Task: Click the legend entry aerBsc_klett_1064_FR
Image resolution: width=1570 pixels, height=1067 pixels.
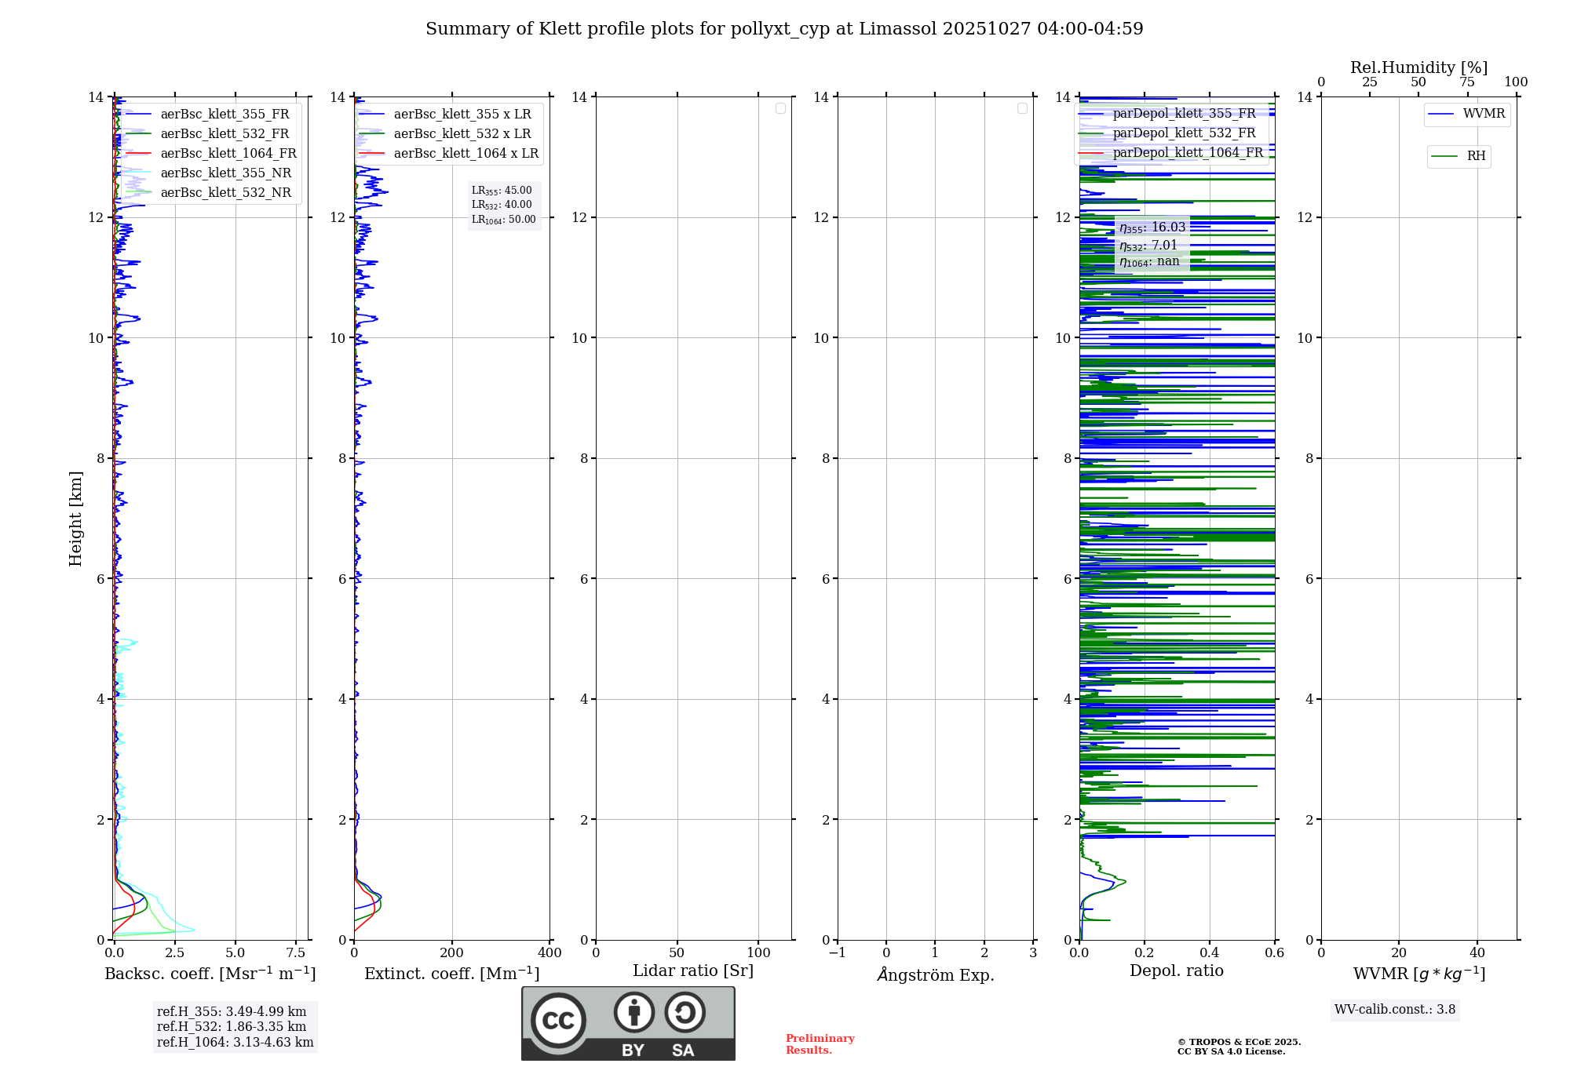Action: [x=228, y=154]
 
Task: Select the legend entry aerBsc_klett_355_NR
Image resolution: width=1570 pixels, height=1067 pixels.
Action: [x=225, y=173]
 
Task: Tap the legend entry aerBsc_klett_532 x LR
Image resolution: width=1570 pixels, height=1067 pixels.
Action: [x=462, y=134]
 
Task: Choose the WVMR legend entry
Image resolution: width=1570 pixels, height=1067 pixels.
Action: [x=1483, y=114]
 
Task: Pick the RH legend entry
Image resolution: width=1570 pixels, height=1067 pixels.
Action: [x=1475, y=156]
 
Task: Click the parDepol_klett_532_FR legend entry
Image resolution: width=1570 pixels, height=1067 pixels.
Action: [x=1184, y=133]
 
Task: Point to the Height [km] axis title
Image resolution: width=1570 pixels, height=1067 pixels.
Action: [x=75, y=519]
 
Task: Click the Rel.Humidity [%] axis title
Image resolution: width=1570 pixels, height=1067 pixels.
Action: [x=1418, y=67]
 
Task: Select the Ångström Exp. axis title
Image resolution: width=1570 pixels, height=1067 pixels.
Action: [x=936, y=974]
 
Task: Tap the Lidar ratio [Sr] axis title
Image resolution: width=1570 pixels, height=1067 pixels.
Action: [x=692, y=971]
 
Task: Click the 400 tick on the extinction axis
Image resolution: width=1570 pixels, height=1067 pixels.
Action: [x=549, y=953]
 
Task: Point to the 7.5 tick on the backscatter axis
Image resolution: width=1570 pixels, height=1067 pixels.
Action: [x=296, y=953]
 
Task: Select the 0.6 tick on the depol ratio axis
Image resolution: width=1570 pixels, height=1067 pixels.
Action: [x=1274, y=953]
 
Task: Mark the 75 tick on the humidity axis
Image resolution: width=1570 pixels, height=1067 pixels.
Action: [x=1466, y=82]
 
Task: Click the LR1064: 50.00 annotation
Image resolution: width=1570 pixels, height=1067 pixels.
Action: [x=503, y=220]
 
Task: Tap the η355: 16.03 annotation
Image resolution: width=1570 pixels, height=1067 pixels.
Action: [x=1152, y=228]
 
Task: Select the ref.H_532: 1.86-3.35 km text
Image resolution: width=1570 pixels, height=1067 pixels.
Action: [x=232, y=1027]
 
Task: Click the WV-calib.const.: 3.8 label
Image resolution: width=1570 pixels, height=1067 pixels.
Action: [x=1394, y=1010]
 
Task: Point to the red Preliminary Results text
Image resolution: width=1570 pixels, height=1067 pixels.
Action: [x=820, y=1044]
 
